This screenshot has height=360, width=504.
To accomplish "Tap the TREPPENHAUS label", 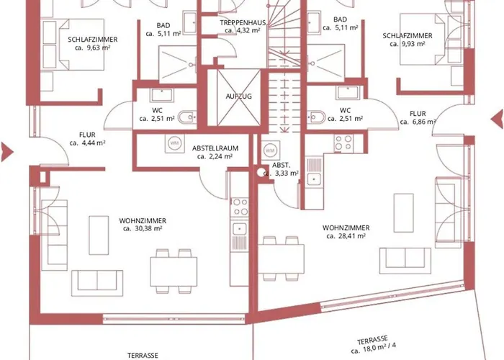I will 243,22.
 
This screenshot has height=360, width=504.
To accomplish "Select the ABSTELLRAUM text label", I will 215,147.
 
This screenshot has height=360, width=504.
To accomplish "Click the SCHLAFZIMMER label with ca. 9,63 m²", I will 93,40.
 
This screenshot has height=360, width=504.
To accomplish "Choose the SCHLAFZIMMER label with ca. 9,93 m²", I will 408,35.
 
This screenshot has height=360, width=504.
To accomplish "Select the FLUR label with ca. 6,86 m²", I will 418,114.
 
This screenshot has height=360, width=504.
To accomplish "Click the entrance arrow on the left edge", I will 6,150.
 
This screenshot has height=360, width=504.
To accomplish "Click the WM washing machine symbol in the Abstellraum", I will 174,143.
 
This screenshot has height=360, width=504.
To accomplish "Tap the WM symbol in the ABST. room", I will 270,150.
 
